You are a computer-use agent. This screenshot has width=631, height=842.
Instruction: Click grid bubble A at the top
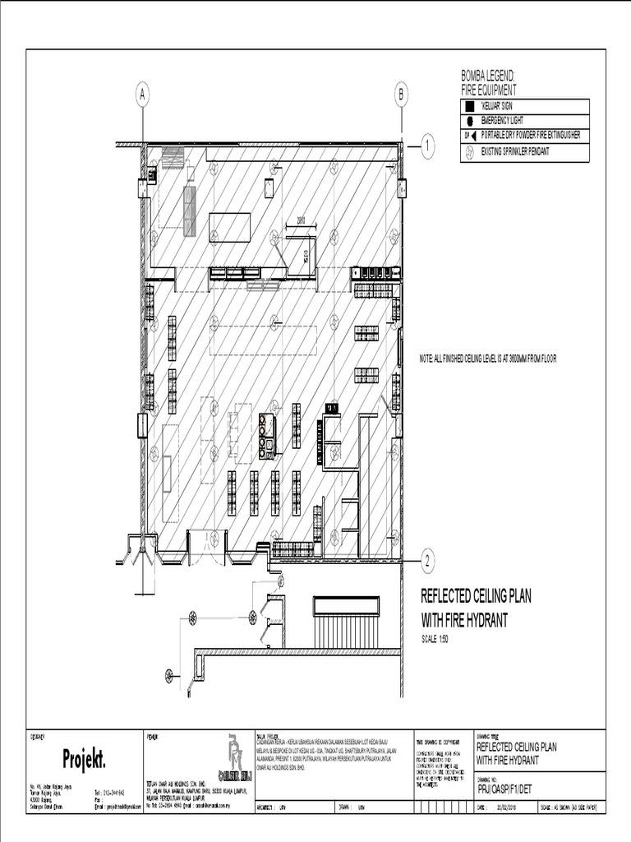143,95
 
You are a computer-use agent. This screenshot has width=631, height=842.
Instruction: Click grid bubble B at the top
402,95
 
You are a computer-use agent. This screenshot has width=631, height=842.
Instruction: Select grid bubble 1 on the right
428,147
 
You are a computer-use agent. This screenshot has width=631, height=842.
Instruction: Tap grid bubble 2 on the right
428,562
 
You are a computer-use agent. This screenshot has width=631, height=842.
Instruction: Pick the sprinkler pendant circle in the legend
468,152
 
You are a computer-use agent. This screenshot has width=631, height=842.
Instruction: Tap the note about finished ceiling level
488,359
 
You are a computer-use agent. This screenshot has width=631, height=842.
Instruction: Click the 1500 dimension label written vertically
306,252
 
